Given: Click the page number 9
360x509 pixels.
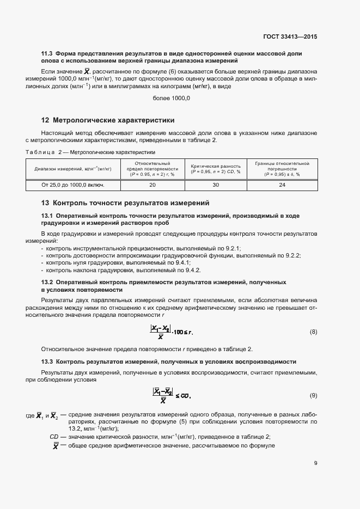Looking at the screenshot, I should pos(316,463).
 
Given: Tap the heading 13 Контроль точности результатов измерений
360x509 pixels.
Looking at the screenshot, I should pos(125,203).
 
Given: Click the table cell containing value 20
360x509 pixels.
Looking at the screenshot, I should pos(152,185).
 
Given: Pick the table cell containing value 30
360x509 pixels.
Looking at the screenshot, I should pos(215,185).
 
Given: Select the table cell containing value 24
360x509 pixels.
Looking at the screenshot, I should pos(282,185).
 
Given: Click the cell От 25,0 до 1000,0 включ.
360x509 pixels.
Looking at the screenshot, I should pos(73,185).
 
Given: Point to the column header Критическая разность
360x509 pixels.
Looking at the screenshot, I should pos(215,169).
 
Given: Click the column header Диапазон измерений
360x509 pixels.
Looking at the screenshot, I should pos(73,169).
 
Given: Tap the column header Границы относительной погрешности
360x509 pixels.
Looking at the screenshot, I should pos(282,169).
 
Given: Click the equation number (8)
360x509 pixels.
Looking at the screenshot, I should pos(313,332).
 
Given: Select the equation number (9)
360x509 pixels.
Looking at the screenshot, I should pos(313,395).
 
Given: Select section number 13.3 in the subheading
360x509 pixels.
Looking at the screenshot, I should pos(47,361).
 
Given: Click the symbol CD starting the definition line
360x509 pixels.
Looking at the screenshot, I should pos(54,437).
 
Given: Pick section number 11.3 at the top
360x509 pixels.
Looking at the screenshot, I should pos(47,53).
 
